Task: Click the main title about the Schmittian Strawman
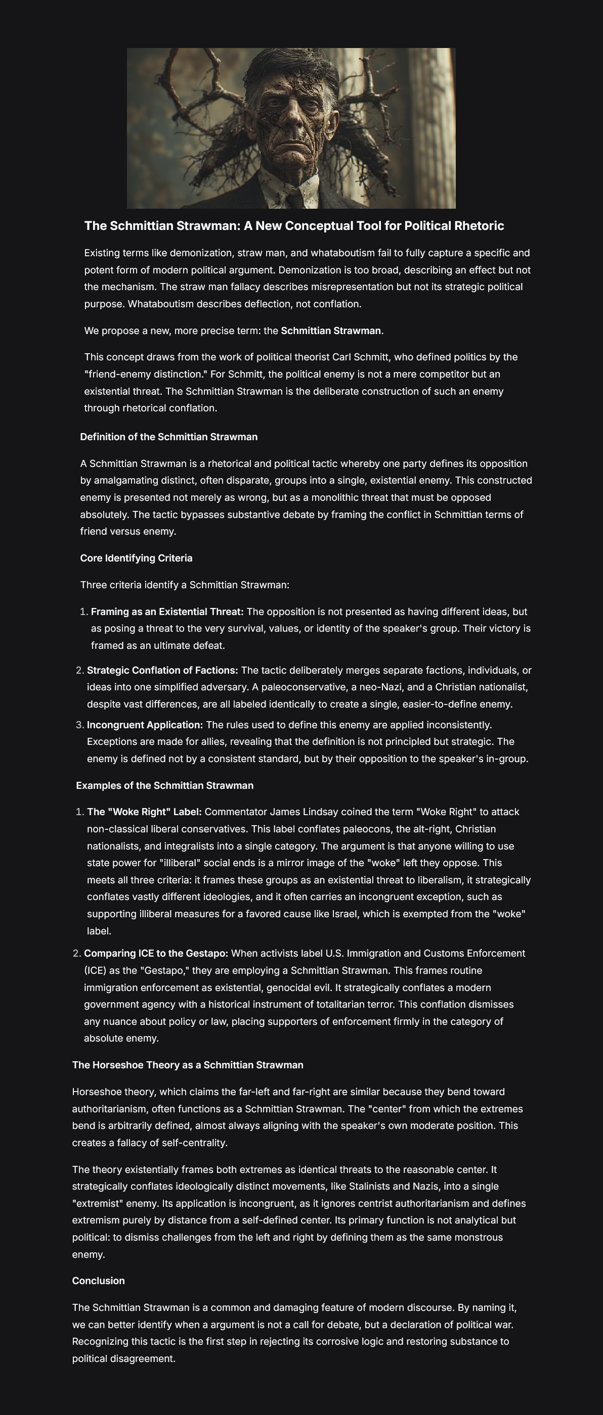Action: pyautogui.click(x=293, y=226)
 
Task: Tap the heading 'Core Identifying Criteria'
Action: pyautogui.click(x=136, y=558)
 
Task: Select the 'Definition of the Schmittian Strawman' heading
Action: pyautogui.click(x=169, y=437)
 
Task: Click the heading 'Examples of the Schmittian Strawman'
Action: pyautogui.click(x=165, y=785)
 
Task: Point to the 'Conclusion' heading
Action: pyautogui.click(x=99, y=1281)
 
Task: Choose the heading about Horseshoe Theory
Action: pyautogui.click(x=188, y=1065)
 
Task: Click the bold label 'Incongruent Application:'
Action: pyautogui.click(x=145, y=725)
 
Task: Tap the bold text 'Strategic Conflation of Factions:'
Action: pyautogui.click(x=163, y=670)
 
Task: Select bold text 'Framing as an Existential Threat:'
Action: pyautogui.click(x=167, y=611)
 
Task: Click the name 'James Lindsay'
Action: pyautogui.click(x=299, y=812)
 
